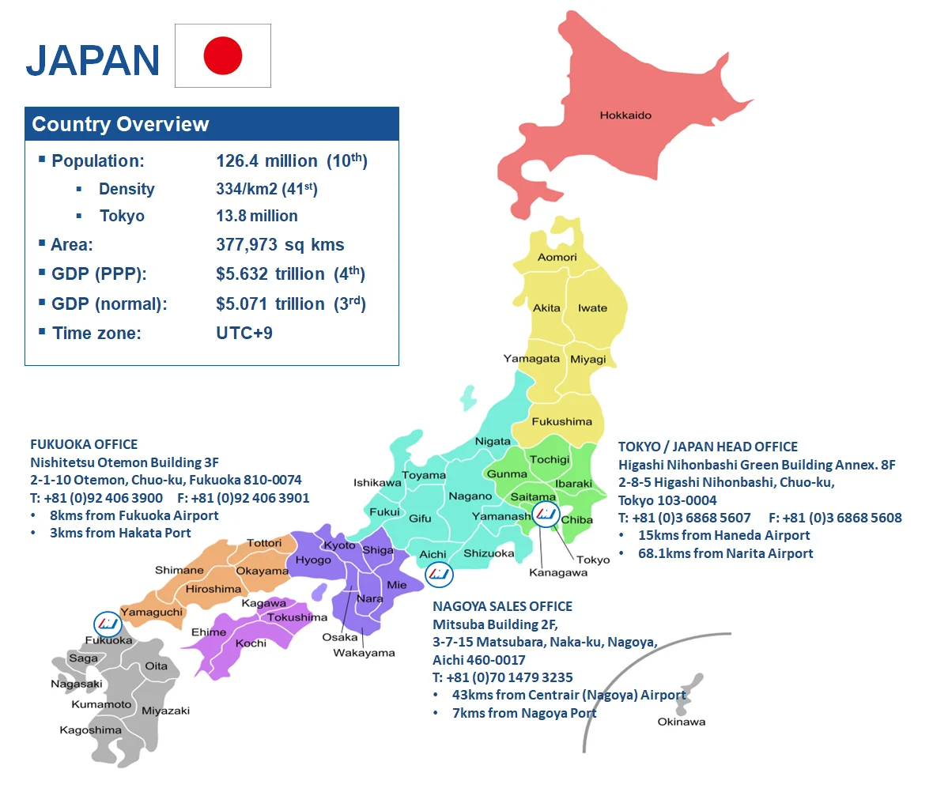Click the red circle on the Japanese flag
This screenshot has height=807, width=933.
tap(222, 55)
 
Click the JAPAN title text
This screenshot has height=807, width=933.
tap(93, 61)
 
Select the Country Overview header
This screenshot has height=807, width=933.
tap(120, 124)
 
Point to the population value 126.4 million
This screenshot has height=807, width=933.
tap(266, 161)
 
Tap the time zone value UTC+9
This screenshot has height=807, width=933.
tap(244, 333)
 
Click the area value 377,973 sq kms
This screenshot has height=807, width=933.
tap(280, 245)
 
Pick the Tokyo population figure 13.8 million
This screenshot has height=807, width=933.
tap(257, 216)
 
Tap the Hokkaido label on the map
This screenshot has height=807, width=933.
tap(625, 115)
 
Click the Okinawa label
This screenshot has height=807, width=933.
tap(681, 722)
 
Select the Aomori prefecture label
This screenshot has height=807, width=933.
tap(557, 257)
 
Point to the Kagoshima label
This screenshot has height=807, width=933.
tap(90, 730)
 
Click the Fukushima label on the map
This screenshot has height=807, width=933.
tap(561, 421)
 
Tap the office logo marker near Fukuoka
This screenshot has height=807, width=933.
tap(108, 624)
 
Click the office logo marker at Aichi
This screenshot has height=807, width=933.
tap(439, 574)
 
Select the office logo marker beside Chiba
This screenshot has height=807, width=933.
tap(545, 515)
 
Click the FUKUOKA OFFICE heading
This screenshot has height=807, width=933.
tap(84, 444)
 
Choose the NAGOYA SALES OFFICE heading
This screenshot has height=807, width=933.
tap(502, 606)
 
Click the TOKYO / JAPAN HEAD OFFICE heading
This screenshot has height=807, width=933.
tap(708, 447)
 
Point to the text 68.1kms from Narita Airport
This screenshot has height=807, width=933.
tap(725, 553)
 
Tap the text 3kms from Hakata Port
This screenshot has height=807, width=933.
tap(120, 533)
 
